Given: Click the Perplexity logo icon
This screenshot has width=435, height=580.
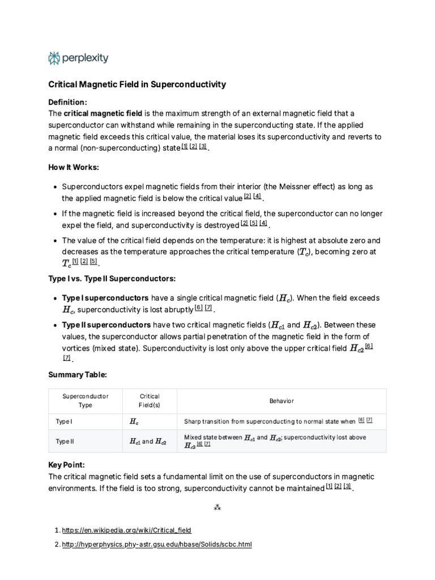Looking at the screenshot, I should pyautogui.click(x=54, y=58).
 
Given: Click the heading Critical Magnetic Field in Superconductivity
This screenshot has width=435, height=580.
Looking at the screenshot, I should pyautogui.click(x=137, y=84).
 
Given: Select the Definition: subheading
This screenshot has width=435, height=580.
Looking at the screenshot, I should pyautogui.click(x=67, y=102).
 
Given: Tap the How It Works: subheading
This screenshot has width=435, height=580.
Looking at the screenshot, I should pyautogui.click(x=74, y=167).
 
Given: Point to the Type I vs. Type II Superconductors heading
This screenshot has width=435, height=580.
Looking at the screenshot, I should pyautogui.click(x=112, y=279).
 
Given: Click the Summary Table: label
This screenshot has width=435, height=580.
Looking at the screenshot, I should pyautogui.click(x=77, y=375).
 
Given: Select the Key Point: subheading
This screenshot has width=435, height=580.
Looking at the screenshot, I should pyautogui.click(x=66, y=464).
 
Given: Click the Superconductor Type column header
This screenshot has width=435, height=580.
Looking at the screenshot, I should pyautogui.click(x=85, y=400).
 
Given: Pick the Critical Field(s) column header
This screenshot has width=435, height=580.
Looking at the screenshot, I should pyautogui.click(x=150, y=400).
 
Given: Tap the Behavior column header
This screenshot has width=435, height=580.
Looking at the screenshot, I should pyautogui.click(x=282, y=400).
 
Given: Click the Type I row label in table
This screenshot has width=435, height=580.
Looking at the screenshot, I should pyautogui.click(x=64, y=421).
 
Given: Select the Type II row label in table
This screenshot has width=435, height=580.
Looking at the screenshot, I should pyautogui.click(x=65, y=441).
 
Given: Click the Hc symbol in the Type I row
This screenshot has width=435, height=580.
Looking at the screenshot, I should pyautogui.click(x=134, y=421).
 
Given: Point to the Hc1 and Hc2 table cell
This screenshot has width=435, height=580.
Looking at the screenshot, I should pyautogui.click(x=148, y=441).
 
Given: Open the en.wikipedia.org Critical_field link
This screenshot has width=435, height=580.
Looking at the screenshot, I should pyautogui.click(x=127, y=530).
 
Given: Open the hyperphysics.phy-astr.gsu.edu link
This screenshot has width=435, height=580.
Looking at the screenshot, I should pyautogui.click(x=156, y=544).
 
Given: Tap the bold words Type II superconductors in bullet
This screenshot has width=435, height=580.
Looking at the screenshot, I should pyautogui.click(x=106, y=325).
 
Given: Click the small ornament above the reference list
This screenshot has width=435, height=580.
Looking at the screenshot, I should pyautogui.click(x=217, y=508).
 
